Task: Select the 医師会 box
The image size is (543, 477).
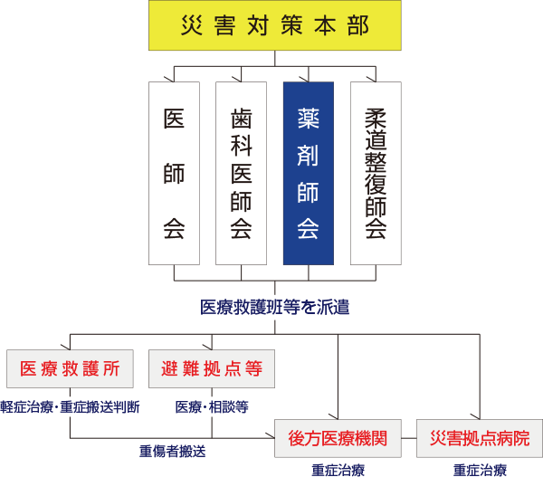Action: [174, 172]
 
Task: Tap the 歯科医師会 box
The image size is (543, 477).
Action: [241, 172]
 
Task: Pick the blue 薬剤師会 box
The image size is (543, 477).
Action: [308, 172]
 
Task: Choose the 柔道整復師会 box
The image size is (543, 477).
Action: [376, 172]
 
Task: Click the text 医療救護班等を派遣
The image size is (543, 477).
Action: [274, 307]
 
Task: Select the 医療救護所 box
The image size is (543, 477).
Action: [71, 368]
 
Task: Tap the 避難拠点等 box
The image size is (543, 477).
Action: [211, 368]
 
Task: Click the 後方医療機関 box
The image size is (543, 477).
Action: [338, 439]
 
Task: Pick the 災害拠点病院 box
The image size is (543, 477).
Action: [480, 439]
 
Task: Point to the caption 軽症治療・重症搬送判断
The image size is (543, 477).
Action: [71, 406]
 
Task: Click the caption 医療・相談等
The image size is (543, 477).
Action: [212, 406]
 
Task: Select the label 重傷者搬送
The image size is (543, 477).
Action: [173, 448]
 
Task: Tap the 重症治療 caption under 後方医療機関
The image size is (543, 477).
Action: [338, 470]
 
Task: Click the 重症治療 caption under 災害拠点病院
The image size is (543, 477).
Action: [480, 470]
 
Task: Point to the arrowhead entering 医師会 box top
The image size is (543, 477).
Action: [174, 77]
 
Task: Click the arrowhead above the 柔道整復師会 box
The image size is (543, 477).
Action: [376, 77]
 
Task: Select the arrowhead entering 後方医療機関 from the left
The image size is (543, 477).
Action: [271, 439]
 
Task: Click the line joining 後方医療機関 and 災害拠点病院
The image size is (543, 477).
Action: [407, 439]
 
